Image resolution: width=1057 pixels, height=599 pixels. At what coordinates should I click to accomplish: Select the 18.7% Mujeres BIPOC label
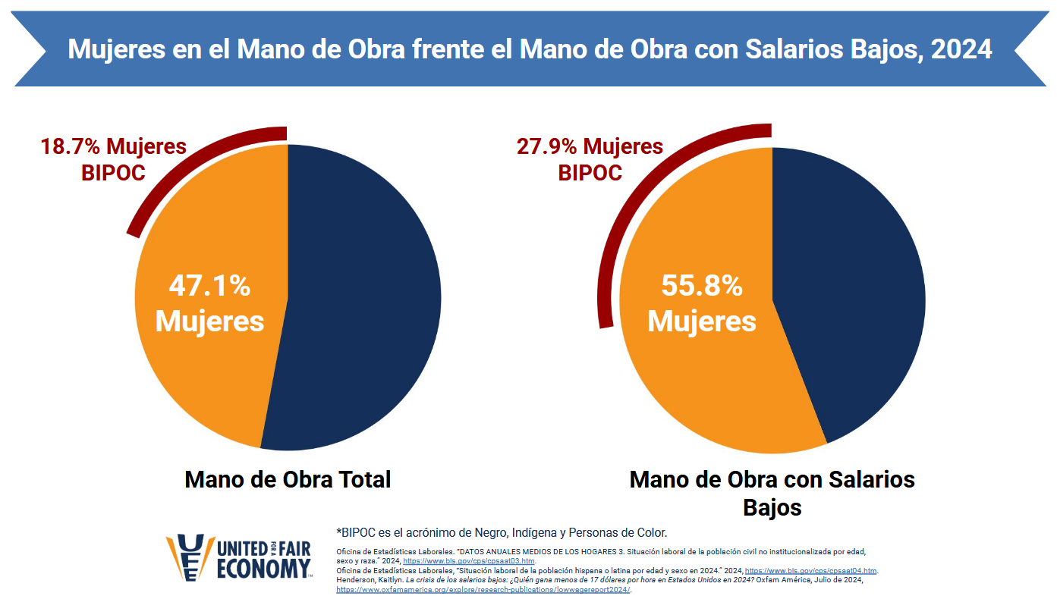[113, 158]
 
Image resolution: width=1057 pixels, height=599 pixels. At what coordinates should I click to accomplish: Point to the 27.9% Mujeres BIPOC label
[590, 158]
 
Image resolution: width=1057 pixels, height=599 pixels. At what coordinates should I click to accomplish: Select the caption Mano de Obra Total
[288, 479]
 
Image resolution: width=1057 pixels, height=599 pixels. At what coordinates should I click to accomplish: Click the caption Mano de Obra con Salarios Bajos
[772, 492]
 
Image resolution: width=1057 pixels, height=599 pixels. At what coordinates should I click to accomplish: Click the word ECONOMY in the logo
[263, 569]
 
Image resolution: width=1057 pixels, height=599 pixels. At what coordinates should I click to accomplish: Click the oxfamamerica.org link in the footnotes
[483, 589]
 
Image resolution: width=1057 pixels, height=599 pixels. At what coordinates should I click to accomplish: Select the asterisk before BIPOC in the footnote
[338, 532]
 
